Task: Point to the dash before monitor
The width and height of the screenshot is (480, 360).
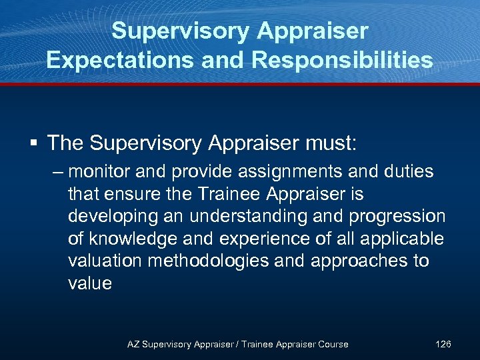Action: [58, 172]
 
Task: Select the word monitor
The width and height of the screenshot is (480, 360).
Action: [99, 172]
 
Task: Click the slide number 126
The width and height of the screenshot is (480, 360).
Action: [443, 344]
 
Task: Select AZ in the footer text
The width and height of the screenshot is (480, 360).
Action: [133, 344]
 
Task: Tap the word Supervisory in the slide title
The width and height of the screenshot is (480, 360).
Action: [175, 31]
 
